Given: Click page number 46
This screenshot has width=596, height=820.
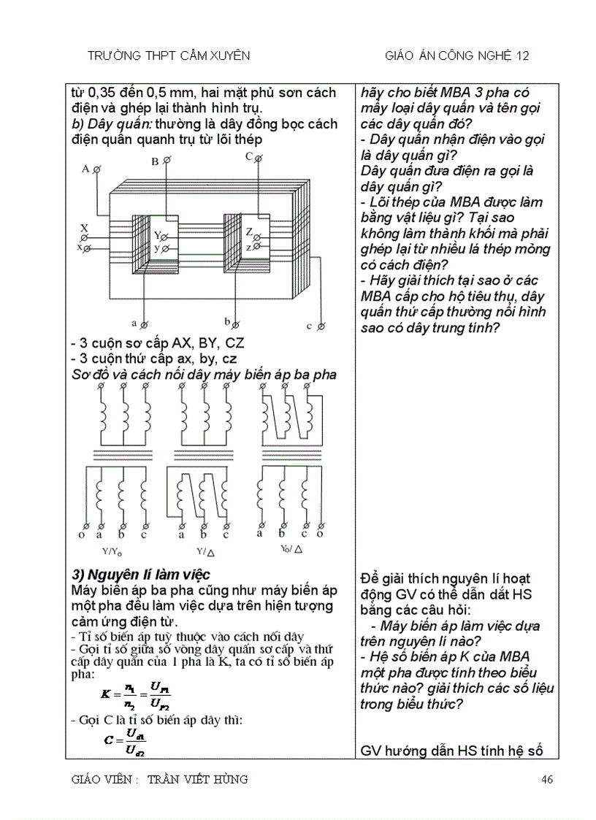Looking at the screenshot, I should [x=546, y=780].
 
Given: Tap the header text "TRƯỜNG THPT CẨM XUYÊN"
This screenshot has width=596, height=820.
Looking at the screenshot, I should [x=169, y=55].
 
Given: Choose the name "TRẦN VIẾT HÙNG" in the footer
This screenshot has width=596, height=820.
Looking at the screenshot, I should [x=197, y=780].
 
